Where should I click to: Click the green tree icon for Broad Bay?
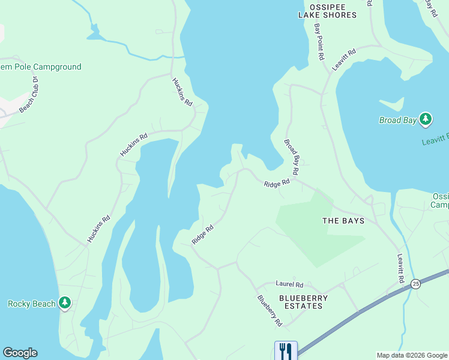click(x=426, y=119)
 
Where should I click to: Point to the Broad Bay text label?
click(x=397, y=121)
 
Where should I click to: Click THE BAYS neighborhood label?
click(x=343, y=221)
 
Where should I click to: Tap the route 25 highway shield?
click(x=415, y=283)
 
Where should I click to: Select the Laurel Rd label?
click(x=289, y=284)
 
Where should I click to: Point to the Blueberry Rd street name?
click(x=270, y=310)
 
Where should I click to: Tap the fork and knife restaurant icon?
click(x=285, y=350)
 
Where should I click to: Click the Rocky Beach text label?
click(x=31, y=304)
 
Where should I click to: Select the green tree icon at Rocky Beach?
click(x=65, y=304)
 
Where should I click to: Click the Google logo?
click(x=20, y=353)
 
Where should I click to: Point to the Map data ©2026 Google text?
click(x=412, y=355)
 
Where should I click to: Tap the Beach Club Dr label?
click(x=29, y=95)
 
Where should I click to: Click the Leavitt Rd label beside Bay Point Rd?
click(x=344, y=60)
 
